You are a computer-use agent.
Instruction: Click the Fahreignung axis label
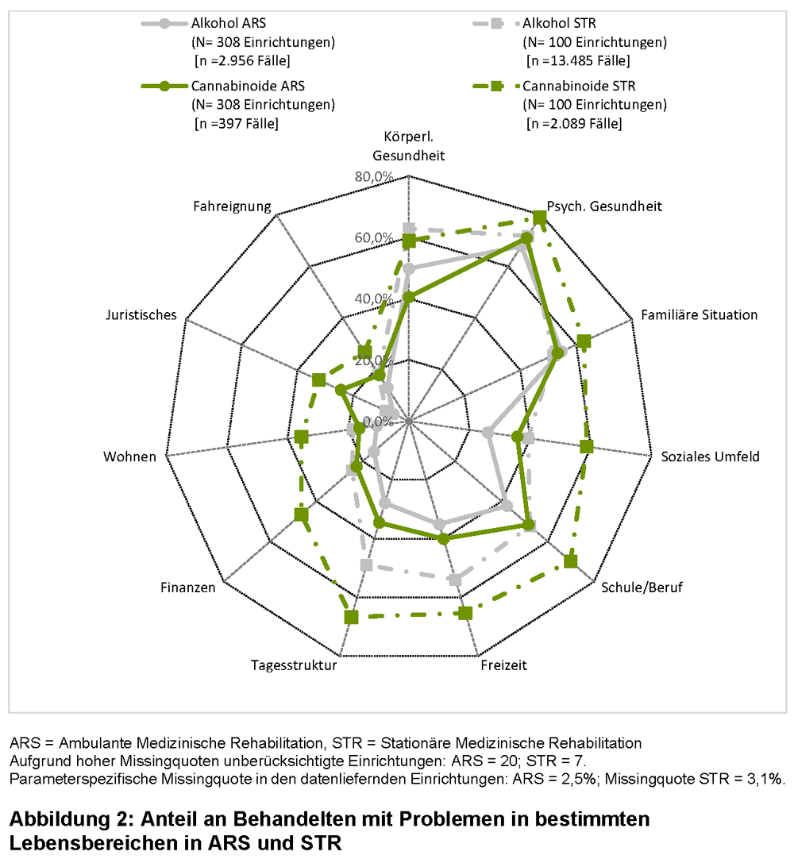click(232, 206)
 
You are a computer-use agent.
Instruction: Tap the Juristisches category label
click(141, 315)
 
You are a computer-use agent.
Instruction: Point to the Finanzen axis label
click(188, 588)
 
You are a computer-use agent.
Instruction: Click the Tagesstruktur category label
click(294, 665)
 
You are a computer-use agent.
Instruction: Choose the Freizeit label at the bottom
click(503, 665)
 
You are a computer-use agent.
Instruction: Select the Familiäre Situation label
click(700, 315)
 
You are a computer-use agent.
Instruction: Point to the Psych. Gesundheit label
click(605, 206)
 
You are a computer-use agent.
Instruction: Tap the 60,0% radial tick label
click(374, 237)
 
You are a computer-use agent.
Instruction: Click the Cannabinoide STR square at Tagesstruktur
click(352, 616)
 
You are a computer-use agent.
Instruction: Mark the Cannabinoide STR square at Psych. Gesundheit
click(540, 218)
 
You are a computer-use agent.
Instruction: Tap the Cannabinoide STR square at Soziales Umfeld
click(587, 447)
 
